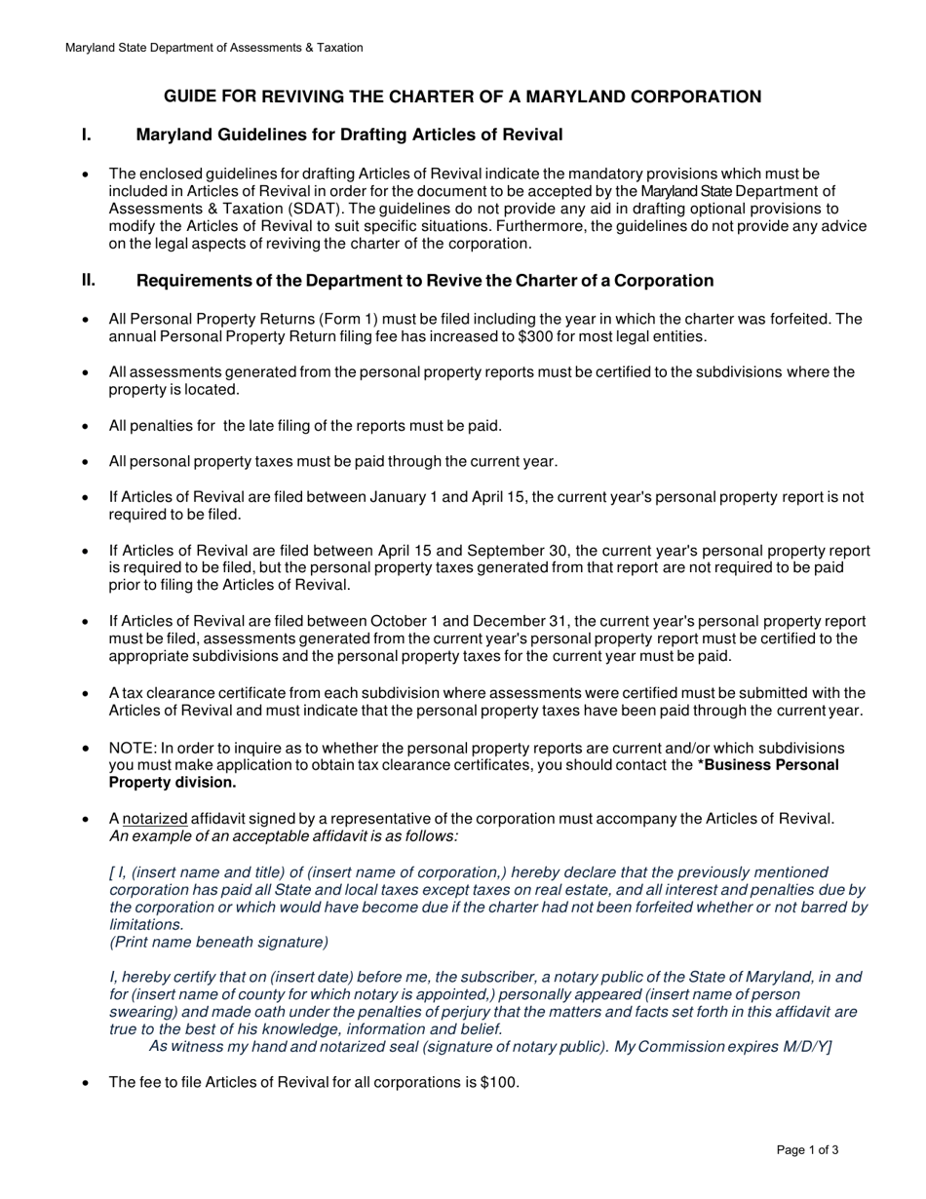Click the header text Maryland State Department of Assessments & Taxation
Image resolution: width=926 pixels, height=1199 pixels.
pos(213,48)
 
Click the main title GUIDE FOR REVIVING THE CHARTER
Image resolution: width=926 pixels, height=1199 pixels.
pos(462,97)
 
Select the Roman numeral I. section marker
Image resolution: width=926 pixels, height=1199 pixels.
pos(87,135)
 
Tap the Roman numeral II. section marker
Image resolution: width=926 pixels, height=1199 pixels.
pos(89,281)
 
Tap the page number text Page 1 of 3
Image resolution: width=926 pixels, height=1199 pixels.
pos(807,1150)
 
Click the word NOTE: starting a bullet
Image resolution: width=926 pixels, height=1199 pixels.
pos(133,748)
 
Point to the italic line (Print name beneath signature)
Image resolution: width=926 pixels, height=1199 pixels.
pos(218,942)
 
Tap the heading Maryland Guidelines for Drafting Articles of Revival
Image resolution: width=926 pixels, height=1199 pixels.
pos(349,135)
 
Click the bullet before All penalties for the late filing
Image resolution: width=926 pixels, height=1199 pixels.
pos(87,426)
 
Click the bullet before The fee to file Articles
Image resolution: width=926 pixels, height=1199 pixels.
pos(87,1082)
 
